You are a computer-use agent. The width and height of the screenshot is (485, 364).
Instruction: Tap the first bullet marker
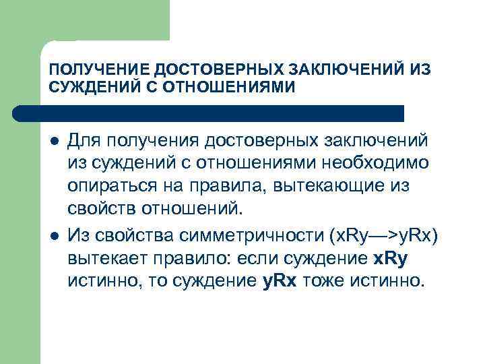[53, 141]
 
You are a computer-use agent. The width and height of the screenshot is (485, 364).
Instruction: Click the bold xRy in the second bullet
[392, 258]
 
